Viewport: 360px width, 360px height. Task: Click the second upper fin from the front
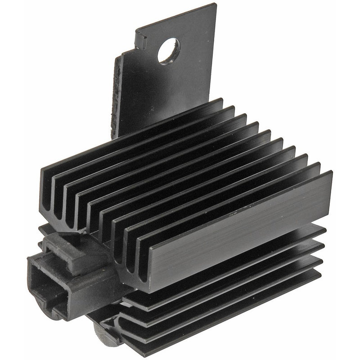pos(225,198)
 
